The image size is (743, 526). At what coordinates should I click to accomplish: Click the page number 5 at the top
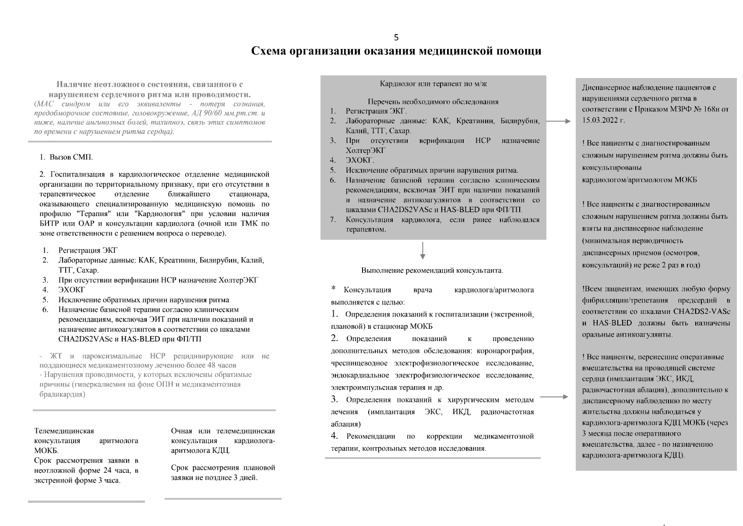[396, 38]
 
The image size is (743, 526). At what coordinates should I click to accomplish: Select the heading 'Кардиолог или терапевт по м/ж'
[433, 84]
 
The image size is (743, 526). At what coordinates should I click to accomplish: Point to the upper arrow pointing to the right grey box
[558, 121]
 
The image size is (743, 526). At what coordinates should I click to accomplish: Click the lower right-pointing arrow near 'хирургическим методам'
[554, 397]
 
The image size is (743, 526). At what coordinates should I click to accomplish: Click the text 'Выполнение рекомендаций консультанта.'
[432, 270]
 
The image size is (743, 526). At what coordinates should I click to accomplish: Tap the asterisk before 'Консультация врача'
[334, 288]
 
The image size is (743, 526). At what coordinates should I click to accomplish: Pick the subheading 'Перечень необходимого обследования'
[433, 102]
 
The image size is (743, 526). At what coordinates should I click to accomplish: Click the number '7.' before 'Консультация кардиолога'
[333, 220]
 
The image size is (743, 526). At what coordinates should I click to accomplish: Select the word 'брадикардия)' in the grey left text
[62, 394]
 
